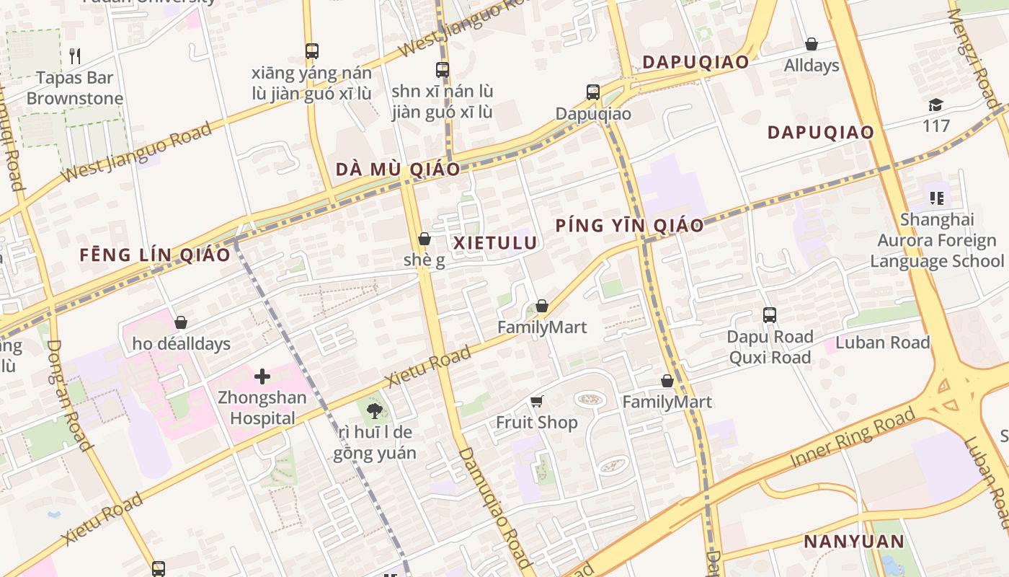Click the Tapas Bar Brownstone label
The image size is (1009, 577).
click(x=75, y=88)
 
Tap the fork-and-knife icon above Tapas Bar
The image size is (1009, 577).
click(x=75, y=56)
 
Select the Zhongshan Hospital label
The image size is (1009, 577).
click(x=262, y=408)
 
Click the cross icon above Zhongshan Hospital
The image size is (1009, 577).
click(x=262, y=376)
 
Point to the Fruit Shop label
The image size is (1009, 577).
click(x=537, y=423)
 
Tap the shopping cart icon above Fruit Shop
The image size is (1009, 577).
click(x=536, y=401)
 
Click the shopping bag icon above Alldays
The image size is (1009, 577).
click(x=812, y=44)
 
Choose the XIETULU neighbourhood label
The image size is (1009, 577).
click(x=496, y=243)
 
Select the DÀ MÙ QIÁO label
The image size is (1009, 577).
click(x=398, y=169)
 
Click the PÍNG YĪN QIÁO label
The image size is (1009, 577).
click(x=629, y=226)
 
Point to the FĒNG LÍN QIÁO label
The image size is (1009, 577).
click(x=155, y=255)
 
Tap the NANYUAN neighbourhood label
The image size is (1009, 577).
click(x=854, y=542)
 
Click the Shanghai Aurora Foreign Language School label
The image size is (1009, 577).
click(x=937, y=240)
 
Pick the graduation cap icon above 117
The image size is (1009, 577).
click(x=935, y=105)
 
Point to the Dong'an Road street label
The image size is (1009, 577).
click(x=69, y=395)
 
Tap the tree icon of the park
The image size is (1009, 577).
click(x=374, y=411)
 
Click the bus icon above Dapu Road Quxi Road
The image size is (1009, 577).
click(x=770, y=315)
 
